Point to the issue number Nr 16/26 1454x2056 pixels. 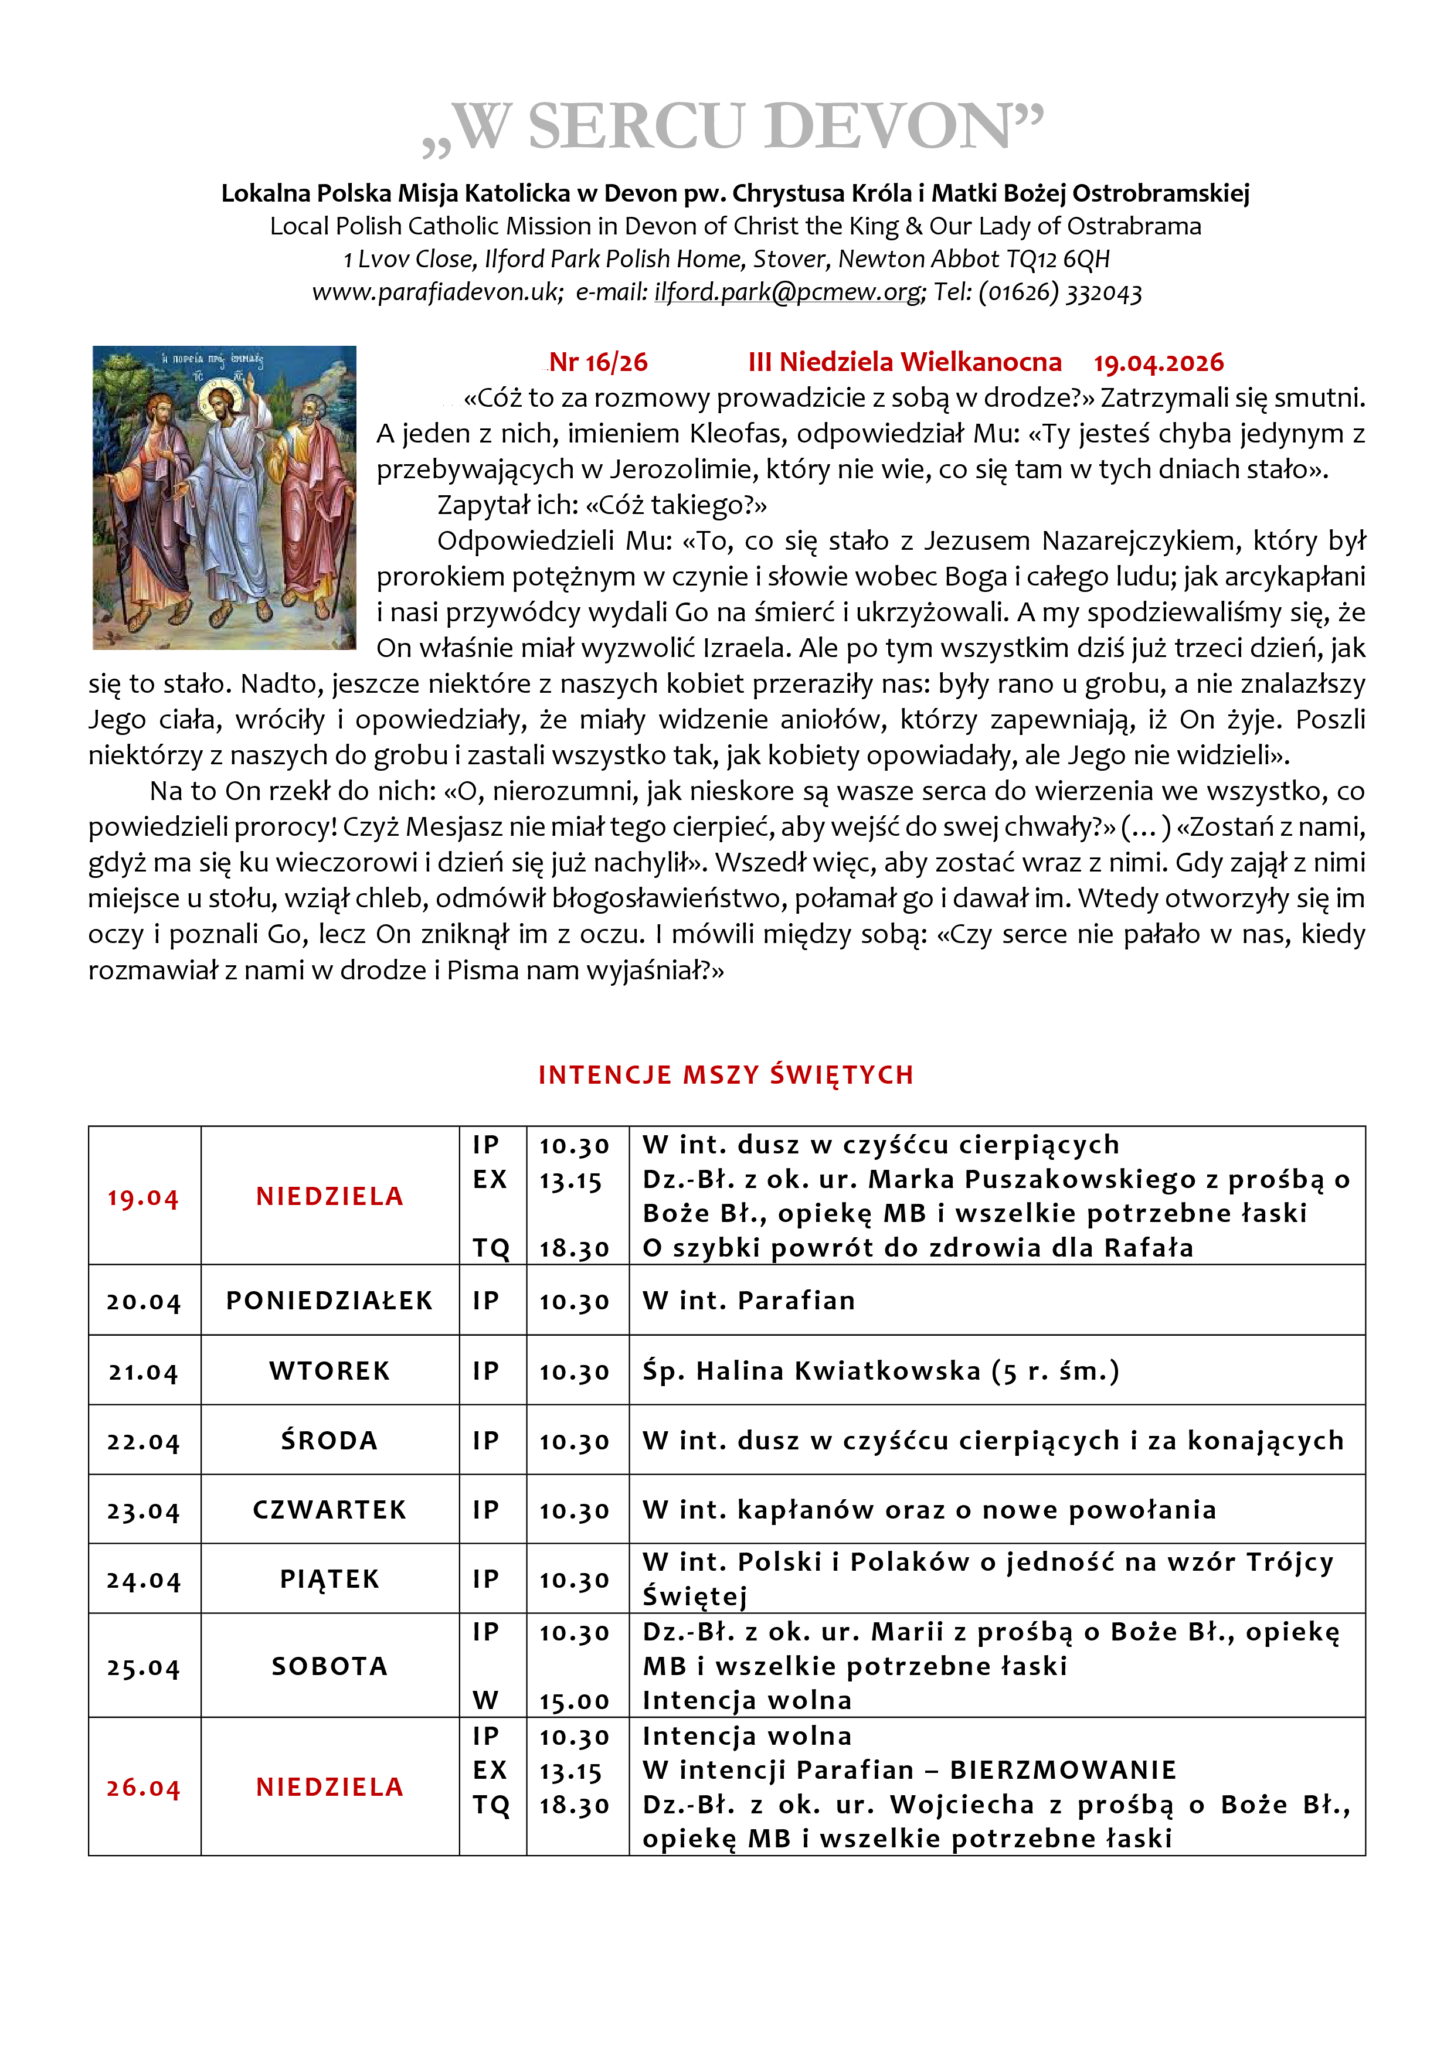click(x=597, y=363)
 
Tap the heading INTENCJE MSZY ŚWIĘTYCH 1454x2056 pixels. click(x=726, y=1074)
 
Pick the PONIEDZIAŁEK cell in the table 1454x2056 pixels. click(x=329, y=1300)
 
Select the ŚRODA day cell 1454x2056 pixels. click(x=329, y=1441)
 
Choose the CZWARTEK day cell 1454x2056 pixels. click(x=329, y=1510)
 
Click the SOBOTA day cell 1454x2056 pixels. click(x=329, y=1666)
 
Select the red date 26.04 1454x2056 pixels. click(x=143, y=1788)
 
